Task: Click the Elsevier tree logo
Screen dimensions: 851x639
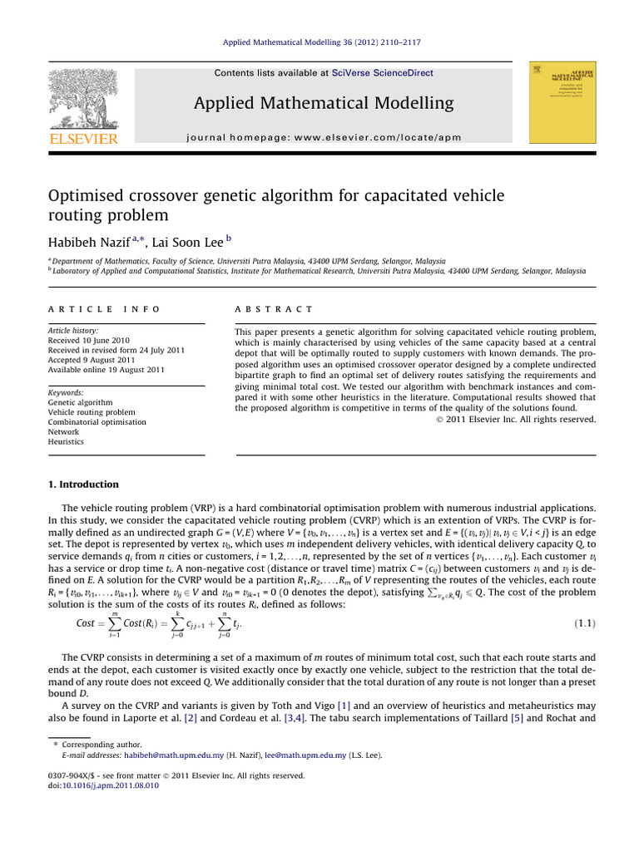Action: click(83, 97)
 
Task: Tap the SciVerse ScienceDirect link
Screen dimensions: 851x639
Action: click(383, 73)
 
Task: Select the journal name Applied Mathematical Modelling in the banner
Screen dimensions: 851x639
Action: click(324, 103)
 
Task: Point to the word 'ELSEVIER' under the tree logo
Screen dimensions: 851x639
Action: click(83, 139)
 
